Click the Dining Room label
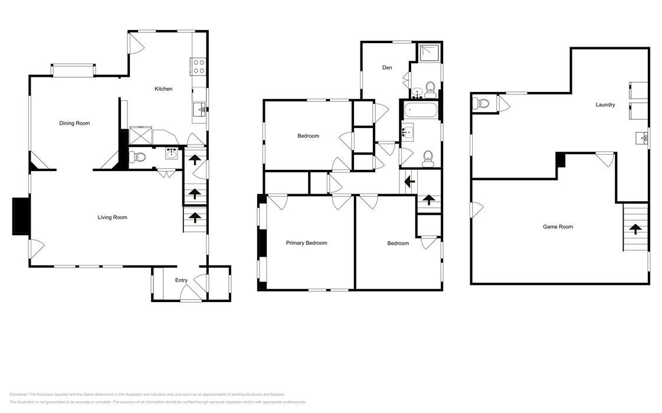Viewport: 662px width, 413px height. [74, 123]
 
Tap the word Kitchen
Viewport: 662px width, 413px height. [163, 89]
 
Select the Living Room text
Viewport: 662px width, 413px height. [112, 218]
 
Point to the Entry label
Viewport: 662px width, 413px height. [181, 281]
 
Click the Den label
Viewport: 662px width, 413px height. [387, 68]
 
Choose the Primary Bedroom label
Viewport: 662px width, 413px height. [306, 243]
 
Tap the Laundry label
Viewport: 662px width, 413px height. [605, 105]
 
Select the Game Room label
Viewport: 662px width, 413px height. [558, 227]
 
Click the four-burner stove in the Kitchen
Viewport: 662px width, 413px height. [198, 66]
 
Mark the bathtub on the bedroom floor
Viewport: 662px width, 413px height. [420, 110]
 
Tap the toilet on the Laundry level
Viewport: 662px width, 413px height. [481, 104]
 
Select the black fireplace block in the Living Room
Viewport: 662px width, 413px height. [21, 216]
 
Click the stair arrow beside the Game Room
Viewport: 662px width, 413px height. [635, 228]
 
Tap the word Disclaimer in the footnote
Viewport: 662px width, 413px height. [20, 395]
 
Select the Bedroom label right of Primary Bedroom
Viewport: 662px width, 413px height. [398, 244]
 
